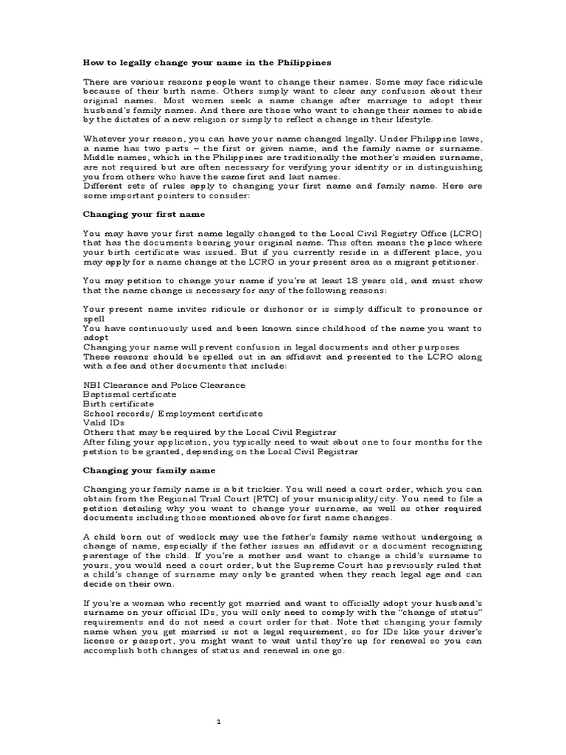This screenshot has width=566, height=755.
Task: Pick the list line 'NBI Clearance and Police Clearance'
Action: point(164,385)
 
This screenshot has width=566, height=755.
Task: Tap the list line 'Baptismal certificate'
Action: point(130,394)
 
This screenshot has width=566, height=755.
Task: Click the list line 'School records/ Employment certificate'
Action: point(172,414)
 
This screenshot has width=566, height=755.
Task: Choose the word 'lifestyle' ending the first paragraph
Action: point(430,119)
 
